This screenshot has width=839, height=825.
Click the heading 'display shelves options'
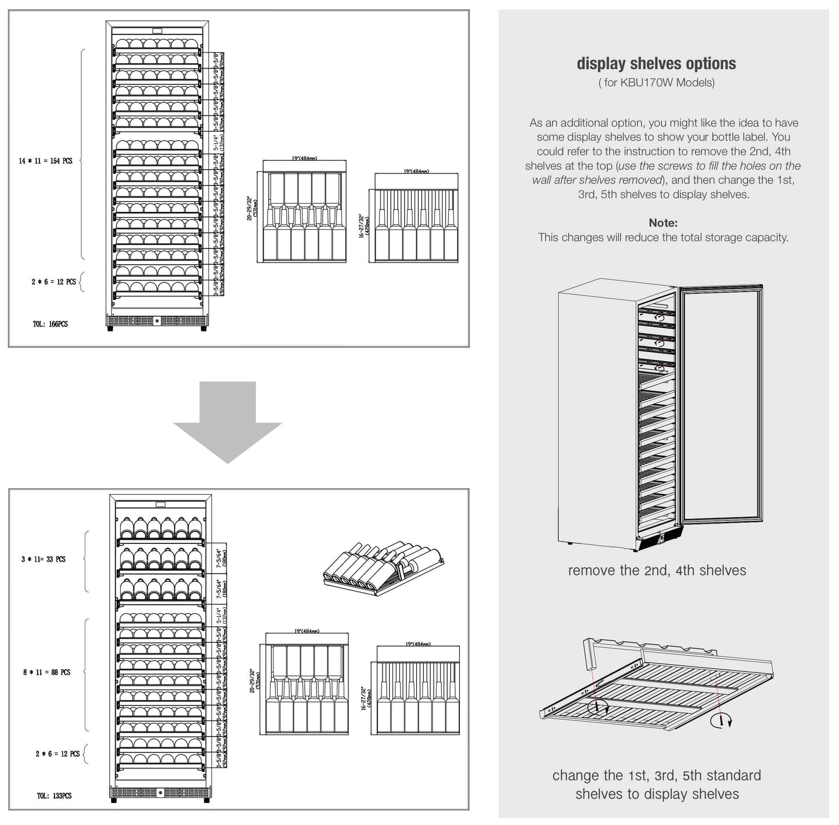point(656,64)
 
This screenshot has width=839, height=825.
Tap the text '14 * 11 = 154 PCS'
point(45,161)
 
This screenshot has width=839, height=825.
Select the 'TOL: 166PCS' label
point(50,324)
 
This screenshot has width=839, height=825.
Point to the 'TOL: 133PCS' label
point(54,795)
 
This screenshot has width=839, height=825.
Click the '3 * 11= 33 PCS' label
point(44,559)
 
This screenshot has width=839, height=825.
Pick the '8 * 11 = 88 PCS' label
point(46,672)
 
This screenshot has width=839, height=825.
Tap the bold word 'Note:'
point(663,223)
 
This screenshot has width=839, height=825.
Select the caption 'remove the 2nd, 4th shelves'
point(657,571)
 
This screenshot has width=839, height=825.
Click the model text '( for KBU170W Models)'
point(656,82)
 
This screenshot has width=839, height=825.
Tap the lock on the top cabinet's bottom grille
point(157,321)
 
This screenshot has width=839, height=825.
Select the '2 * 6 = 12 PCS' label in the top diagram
point(53,282)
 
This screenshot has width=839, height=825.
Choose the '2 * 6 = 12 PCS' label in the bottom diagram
point(57,754)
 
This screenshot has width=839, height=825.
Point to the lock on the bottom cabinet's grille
point(160,792)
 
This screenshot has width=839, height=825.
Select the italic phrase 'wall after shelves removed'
point(597,180)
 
